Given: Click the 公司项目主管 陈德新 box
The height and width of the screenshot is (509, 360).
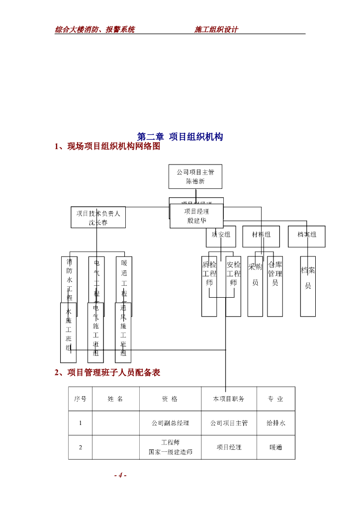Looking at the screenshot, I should (x=195, y=176).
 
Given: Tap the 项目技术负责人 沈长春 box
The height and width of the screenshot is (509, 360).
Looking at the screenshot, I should (x=98, y=217).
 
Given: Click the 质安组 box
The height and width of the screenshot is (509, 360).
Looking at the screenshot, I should (x=221, y=237).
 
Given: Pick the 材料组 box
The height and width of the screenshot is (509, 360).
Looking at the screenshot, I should (x=261, y=237).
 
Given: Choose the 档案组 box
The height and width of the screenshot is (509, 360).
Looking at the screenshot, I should (x=307, y=237).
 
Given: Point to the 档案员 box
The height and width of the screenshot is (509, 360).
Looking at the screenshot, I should (x=308, y=286).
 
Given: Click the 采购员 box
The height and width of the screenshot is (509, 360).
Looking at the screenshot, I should (x=255, y=286).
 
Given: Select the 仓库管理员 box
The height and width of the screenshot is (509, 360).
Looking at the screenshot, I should (x=275, y=286).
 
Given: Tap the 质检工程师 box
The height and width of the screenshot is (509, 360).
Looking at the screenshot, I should (x=209, y=286).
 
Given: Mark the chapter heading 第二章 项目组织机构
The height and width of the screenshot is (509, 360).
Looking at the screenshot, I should (x=180, y=137).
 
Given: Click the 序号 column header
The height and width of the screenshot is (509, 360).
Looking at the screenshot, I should (x=80, y=399).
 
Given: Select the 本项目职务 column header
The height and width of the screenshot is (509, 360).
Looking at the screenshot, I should (x=229, y=399).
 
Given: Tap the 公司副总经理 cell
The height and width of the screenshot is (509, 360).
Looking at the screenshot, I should (x=170, y=423).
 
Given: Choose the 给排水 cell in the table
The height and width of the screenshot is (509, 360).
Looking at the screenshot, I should (x=275, y=423).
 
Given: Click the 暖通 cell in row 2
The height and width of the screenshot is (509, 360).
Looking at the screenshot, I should (x=275, y=447).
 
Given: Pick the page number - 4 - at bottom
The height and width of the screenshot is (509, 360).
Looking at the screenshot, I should (x=120, y=475).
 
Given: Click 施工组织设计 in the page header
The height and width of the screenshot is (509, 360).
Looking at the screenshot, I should (x=216, y=29).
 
